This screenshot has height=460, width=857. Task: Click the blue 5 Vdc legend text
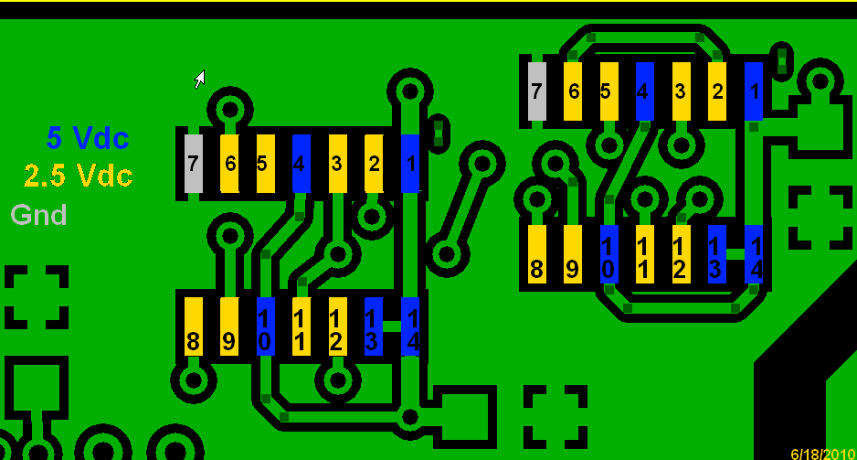(x=88, y=138)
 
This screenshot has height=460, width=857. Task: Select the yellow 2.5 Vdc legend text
(x=79, y=175)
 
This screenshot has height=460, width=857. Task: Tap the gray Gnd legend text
(x=38, y=215)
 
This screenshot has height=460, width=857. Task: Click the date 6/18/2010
(x=822, y=454)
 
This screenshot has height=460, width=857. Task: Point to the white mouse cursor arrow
(x=199, y=80)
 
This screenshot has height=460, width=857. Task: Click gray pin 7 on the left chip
(x=193, y=164)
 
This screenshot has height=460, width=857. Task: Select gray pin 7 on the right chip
(x=537, y=91)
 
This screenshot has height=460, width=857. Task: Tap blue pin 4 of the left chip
(x=301, y=164)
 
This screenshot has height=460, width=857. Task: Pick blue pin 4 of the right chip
(x=644, y=91)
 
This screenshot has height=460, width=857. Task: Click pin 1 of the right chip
(x=754, y=91)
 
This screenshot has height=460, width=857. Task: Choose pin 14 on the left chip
(x=410, y=326)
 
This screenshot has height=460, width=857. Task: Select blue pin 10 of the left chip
(x=266, y=326)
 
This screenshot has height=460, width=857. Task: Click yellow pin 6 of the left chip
(x=229, y=164)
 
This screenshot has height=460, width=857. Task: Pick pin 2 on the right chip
(x=717, y=91)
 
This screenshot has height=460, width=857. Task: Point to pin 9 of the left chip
(x=229, y=326)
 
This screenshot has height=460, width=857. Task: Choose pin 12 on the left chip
(x=337, y=326)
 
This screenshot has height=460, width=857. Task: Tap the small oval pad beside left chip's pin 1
(x=439, y=133)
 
